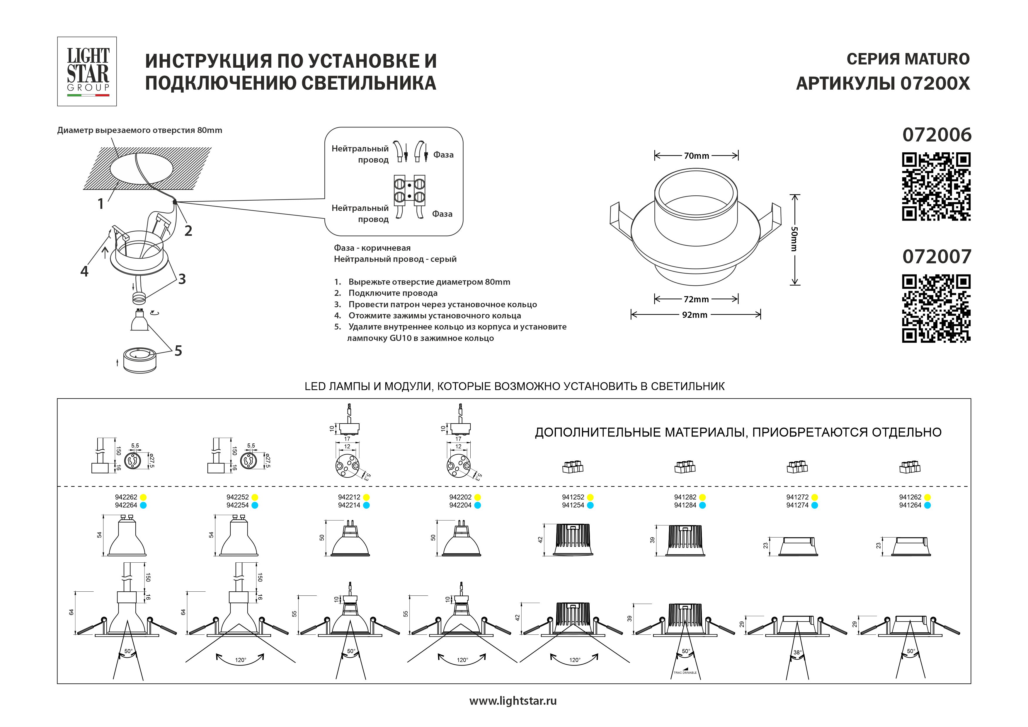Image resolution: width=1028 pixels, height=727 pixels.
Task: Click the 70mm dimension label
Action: pos(696,156)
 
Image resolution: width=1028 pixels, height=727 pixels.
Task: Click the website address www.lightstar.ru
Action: pos(513,701)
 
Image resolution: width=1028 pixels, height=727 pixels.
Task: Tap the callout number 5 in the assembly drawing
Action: pos(178,351)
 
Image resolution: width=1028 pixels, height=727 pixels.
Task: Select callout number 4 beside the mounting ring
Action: pos(84,271)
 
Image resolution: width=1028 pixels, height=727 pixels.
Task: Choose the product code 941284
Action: pos(685,505)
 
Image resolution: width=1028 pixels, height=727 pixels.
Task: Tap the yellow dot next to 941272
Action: pos(814,497)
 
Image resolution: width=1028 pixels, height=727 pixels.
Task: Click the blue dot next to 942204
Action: pos(478,505)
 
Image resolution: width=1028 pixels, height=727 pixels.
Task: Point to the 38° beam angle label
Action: pos(797,652)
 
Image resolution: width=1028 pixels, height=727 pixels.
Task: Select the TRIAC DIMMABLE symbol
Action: pos(685,671)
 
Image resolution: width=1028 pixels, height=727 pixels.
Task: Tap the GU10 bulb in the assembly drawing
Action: pos(140,320)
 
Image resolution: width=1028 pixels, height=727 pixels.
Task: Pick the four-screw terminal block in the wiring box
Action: pos(409,190)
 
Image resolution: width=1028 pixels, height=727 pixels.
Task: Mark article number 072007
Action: pos(937,257)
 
